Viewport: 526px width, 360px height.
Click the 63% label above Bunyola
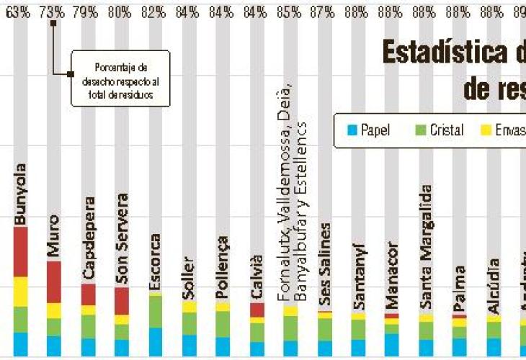coord(20,12)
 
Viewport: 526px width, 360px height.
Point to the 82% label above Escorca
coord(155,12)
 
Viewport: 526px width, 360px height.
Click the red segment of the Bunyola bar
coord(20,251)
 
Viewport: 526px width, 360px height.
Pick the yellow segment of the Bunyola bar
coord(20,292)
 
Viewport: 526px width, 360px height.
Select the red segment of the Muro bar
coord(54,282)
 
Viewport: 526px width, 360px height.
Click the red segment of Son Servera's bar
coord(122,300)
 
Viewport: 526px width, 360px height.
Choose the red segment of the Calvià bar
coord(257,310)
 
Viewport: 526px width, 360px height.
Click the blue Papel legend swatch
coord(352,130)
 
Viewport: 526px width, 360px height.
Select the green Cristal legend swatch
coord(421,130)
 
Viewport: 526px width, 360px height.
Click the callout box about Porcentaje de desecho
coord(120,78)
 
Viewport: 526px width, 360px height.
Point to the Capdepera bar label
coord(88,238)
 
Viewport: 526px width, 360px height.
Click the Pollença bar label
coord(223,266)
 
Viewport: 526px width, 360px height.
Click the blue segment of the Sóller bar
coord(189,345)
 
